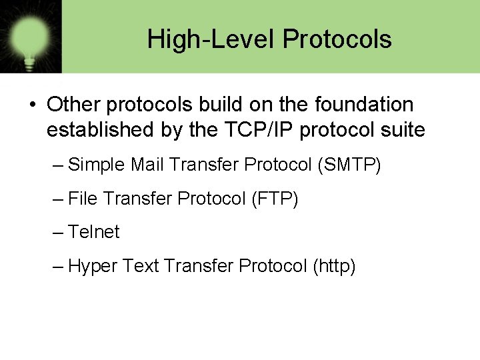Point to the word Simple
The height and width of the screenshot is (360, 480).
(x=97, y=164)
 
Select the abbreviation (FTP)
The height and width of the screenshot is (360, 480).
(x=275, y=199)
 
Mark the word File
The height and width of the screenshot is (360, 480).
(x=83, y=199)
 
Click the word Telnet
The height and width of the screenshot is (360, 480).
(x=94, y=232)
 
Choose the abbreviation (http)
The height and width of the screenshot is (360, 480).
(x=333, y=267)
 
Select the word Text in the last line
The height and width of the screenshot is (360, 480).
(x=141, y=267)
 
